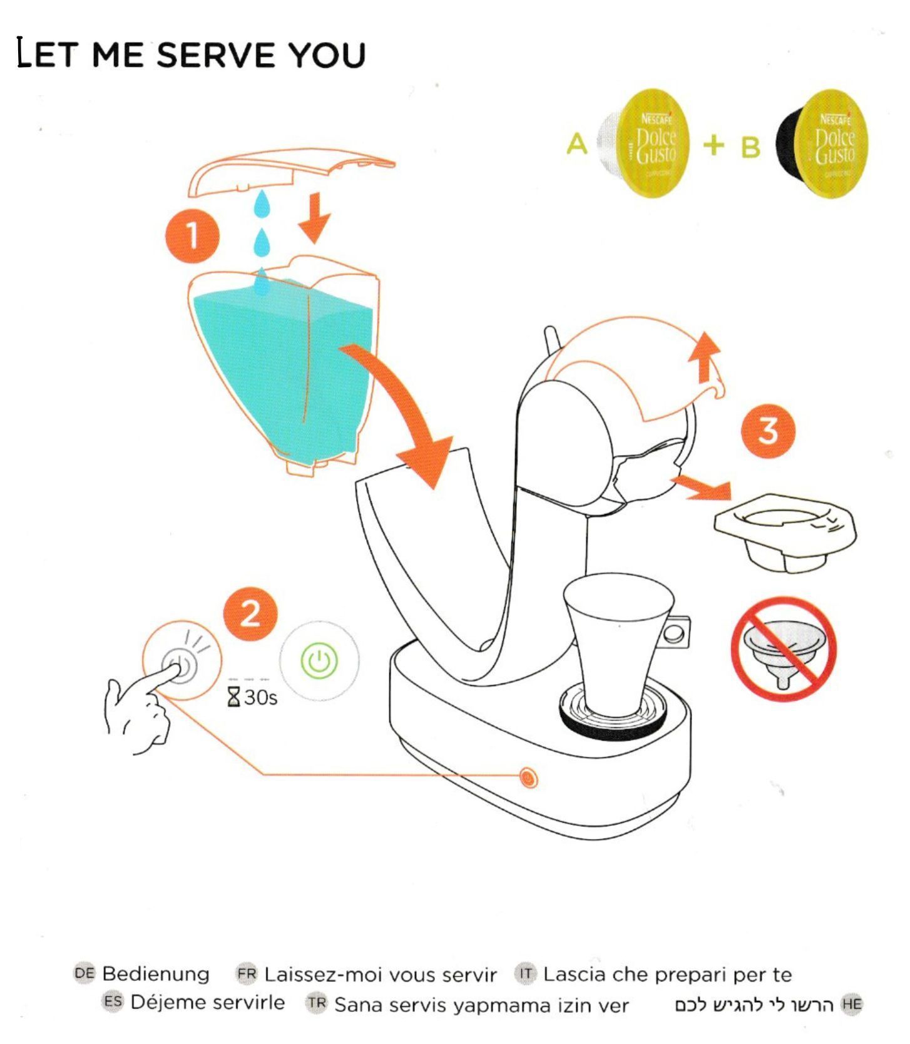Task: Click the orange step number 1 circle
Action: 192,236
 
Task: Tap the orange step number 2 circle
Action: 250,613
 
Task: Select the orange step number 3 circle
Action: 768,431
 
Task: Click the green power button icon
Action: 319,661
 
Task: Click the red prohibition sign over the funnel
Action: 784,648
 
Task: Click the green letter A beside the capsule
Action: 577,145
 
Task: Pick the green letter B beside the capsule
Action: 750,148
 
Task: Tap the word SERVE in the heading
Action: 216,54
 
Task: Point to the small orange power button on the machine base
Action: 528,777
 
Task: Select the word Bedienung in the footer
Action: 156,974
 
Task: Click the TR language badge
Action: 317,1003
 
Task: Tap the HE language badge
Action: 852,1005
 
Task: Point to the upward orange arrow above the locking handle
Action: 705,358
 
